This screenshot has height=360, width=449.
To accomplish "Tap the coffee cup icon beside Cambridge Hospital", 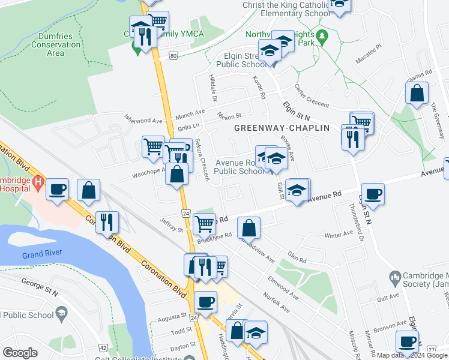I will (58, 190).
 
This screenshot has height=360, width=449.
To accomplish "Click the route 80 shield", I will (173, 56).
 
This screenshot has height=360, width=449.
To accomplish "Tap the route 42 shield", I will (103, 347).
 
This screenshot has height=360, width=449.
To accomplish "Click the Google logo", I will (20, 352).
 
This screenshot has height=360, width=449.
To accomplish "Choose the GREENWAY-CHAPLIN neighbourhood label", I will (282, 128).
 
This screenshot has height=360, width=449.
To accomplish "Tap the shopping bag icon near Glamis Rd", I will (417, 94).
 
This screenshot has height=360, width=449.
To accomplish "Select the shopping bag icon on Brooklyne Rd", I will (249, 228).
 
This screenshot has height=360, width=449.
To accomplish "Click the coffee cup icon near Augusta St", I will (205, 301).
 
